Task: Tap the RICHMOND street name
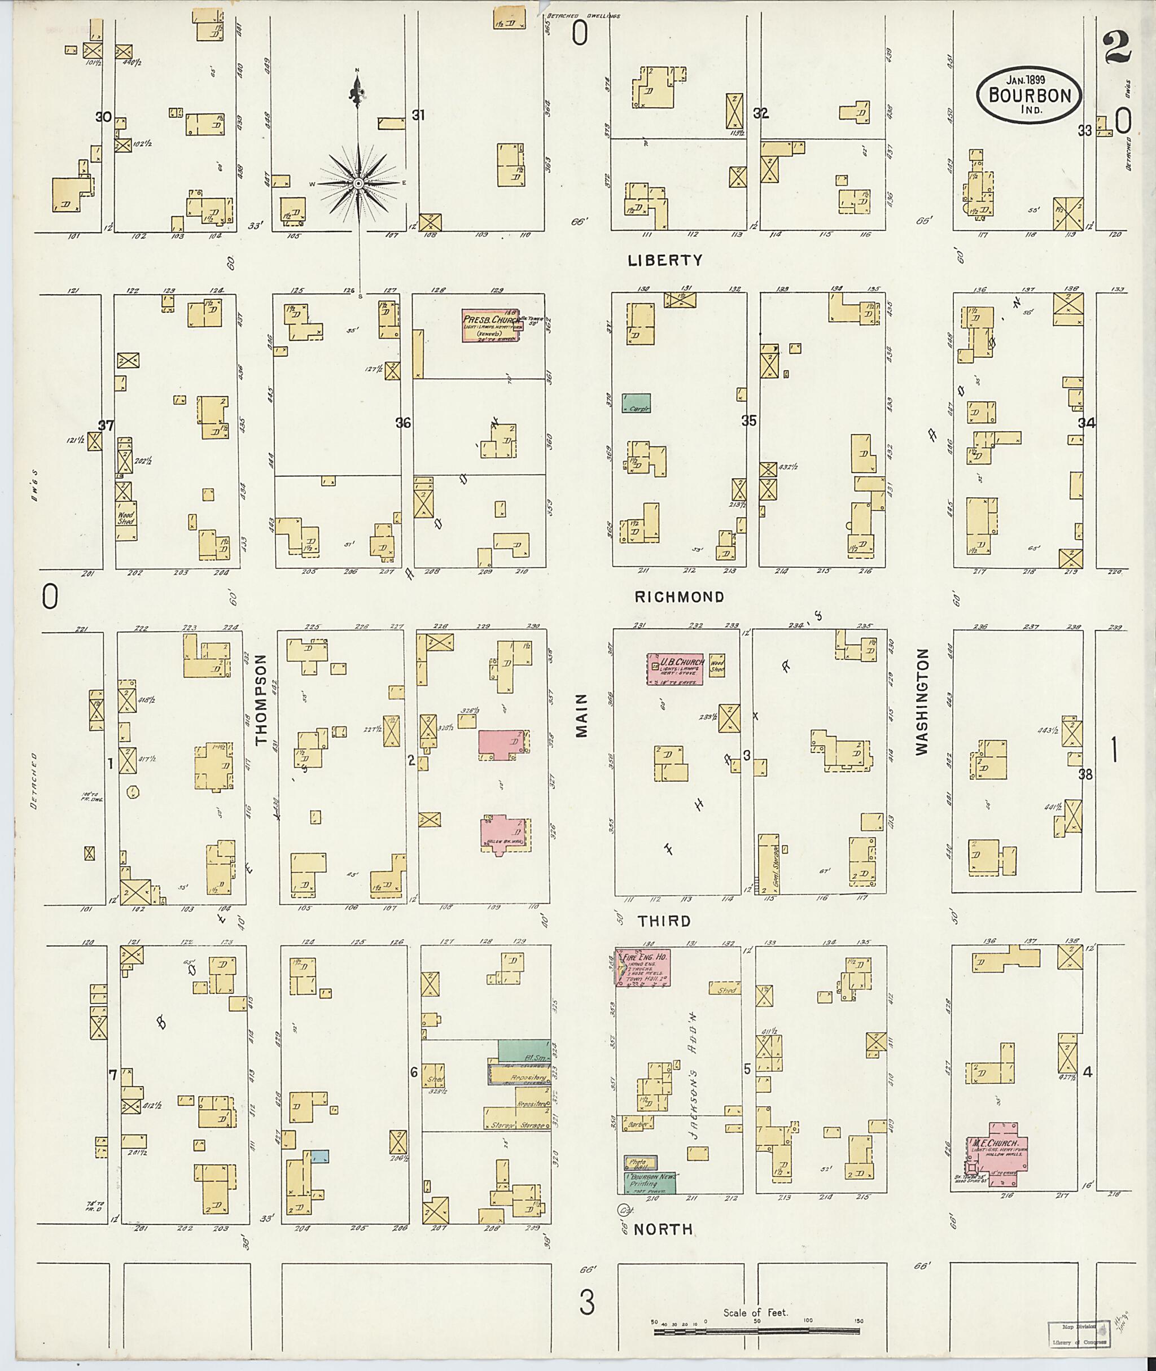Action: pos(679,597)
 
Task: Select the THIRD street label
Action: pos(664,921)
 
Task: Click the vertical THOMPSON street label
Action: pos(262,700)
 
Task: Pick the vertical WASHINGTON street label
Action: pos(923,703)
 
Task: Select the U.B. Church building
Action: pos(675,669)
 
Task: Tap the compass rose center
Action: pos(358,184)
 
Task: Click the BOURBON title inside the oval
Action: pos(1030,96)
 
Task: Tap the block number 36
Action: pos(403,423)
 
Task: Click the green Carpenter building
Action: pos(636,402)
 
